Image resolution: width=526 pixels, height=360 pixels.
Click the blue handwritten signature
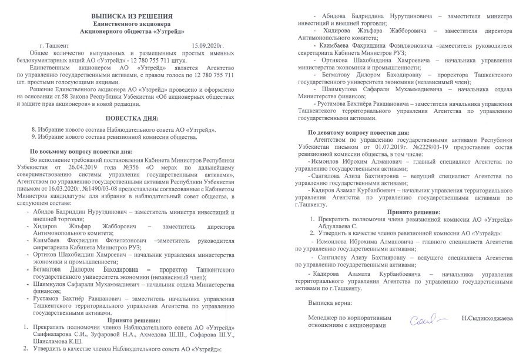click(423, 319)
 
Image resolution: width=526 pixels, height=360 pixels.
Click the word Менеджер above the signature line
click(324, 317)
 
